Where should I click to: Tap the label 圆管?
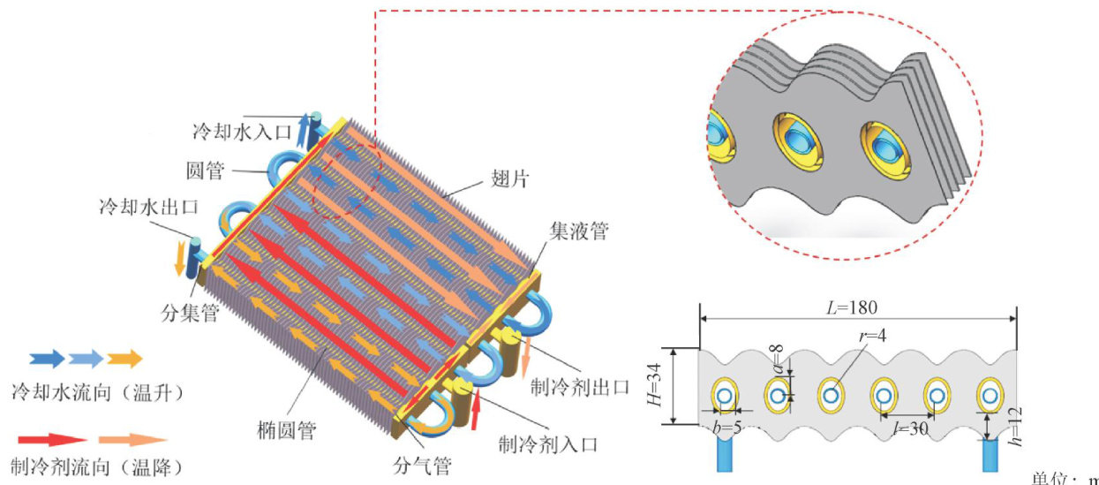[x=205, y=168]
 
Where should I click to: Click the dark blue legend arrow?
[x=46, y=358]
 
